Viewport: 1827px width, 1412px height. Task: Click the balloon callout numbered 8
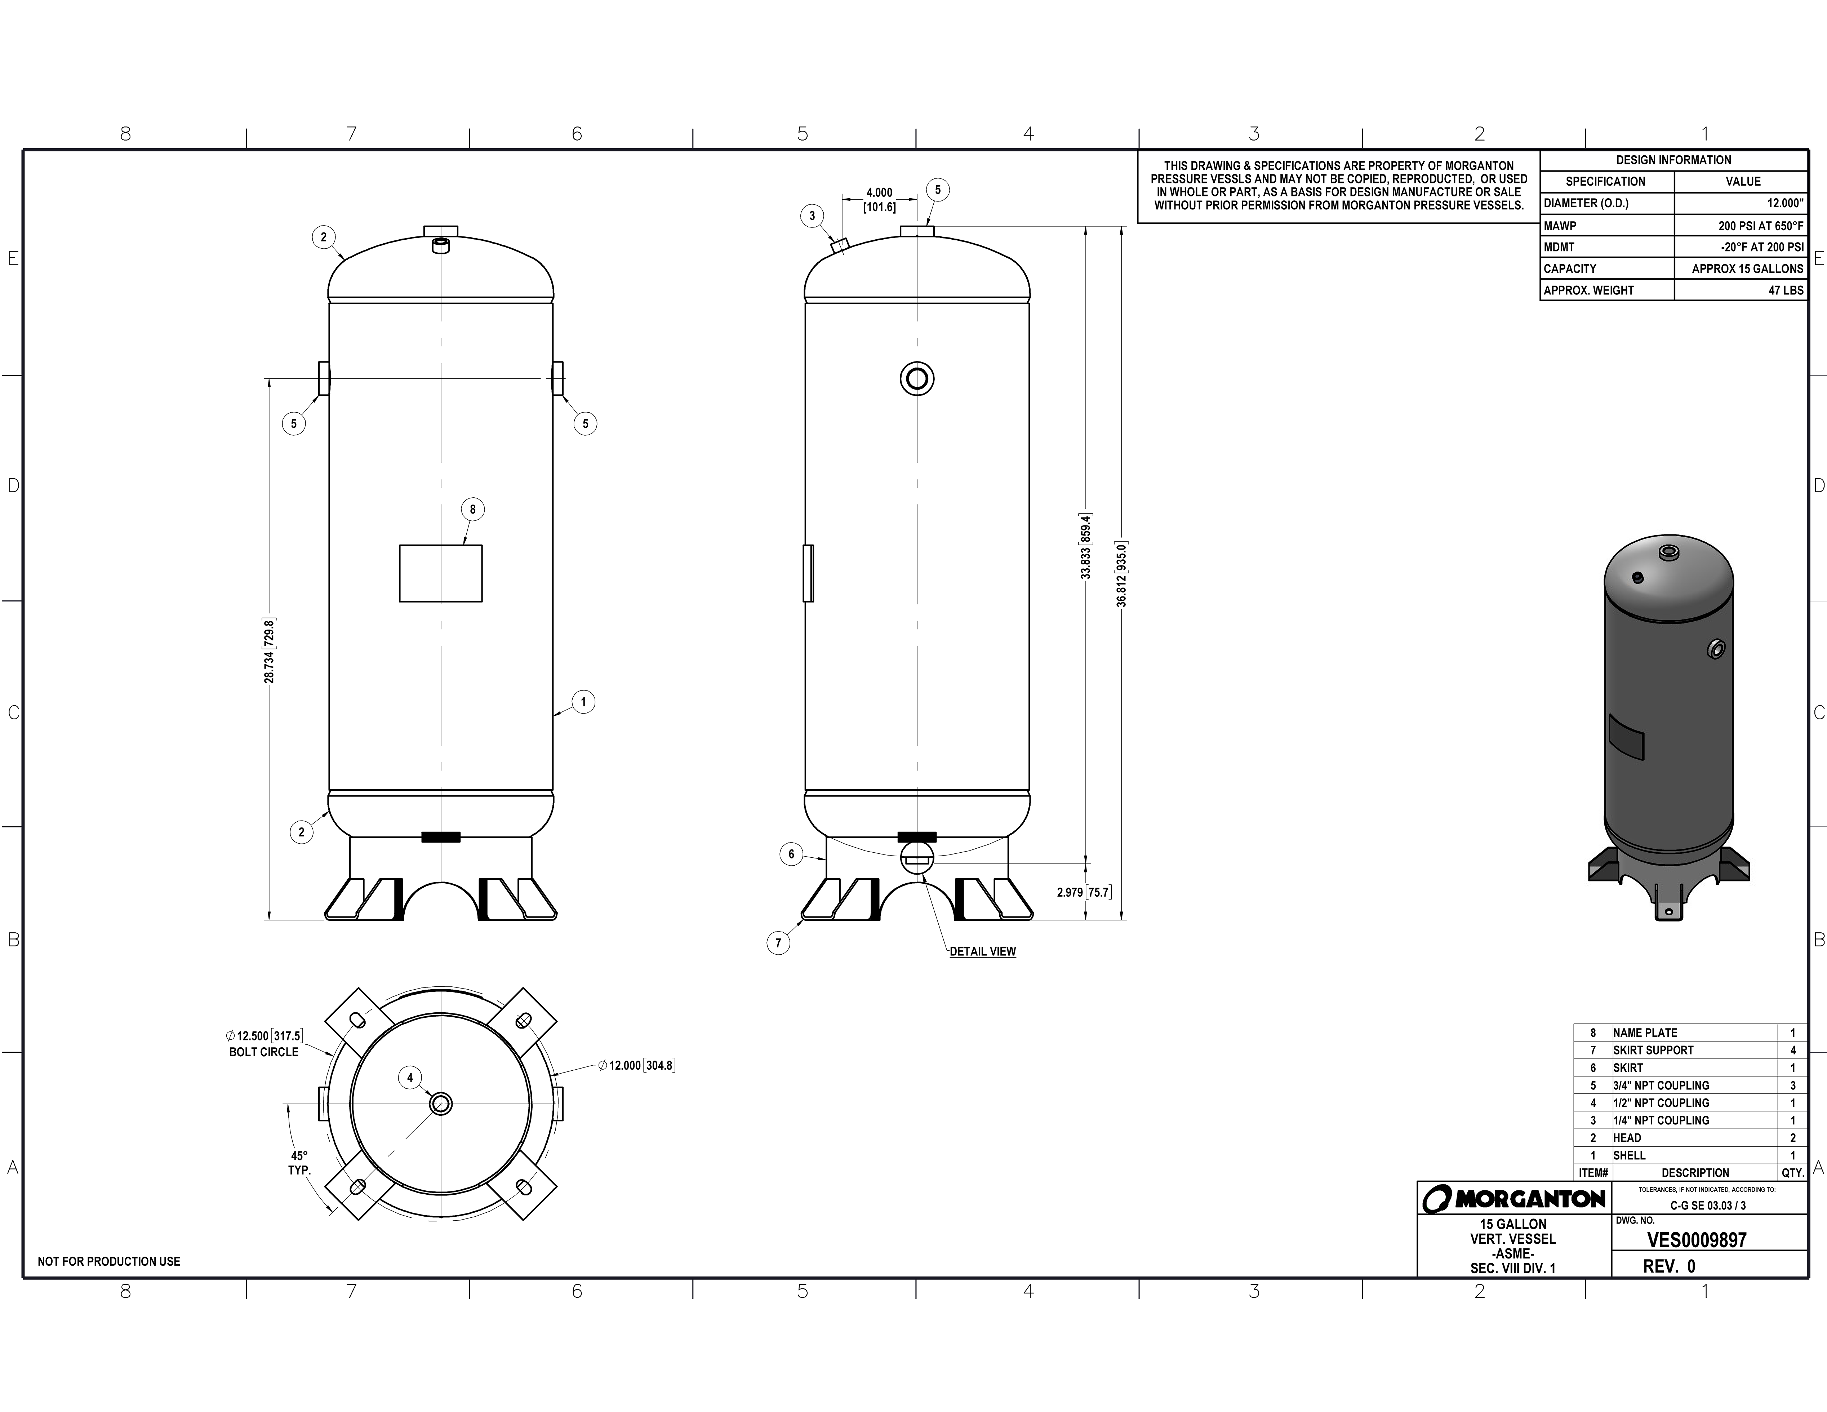tap(473, 510)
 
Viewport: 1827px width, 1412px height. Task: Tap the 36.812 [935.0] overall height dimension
tap(1122, 574)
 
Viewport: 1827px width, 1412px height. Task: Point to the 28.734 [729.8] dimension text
tap(270, 651)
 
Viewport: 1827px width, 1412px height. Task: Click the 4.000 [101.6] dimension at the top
tap(879, 200)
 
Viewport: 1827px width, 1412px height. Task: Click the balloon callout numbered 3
tap(812, 216)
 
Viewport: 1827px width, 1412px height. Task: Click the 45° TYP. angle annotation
tap(299, 1163)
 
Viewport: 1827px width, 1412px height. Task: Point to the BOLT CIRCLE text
tap(263, 1052)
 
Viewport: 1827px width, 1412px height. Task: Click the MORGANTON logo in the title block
tap(1514, 1199)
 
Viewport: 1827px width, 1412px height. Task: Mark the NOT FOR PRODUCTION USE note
tap(109, 1261)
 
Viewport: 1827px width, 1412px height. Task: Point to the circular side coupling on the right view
tap(917, 379)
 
